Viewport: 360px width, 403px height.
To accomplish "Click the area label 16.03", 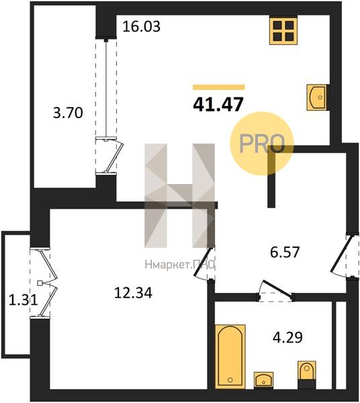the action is point(141,26).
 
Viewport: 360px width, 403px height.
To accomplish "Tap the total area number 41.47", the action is point(218,105).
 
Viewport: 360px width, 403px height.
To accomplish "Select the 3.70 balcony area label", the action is point(68,113).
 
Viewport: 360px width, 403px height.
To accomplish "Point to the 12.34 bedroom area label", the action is point(133,293).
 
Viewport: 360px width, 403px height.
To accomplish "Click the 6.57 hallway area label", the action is point(285,252).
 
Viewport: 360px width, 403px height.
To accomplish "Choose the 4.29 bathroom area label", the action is point(287,337).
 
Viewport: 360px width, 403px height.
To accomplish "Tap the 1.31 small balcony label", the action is point(24,300).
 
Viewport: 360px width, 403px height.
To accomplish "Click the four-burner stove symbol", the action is point(283,30).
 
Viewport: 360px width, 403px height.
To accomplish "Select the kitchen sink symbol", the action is point(318,97).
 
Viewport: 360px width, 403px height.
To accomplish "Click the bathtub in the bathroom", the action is point(230,356).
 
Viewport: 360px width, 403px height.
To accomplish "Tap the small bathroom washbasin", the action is point(263,380).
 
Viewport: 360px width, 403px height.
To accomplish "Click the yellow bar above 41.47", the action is point(219,87).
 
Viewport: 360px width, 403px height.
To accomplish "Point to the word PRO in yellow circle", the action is point(262,144).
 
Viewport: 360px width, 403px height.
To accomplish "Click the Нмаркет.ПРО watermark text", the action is point(179,265).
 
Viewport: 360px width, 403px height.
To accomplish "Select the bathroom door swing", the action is point(276,290).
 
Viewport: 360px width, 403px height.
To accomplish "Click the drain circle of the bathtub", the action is point(230,379).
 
